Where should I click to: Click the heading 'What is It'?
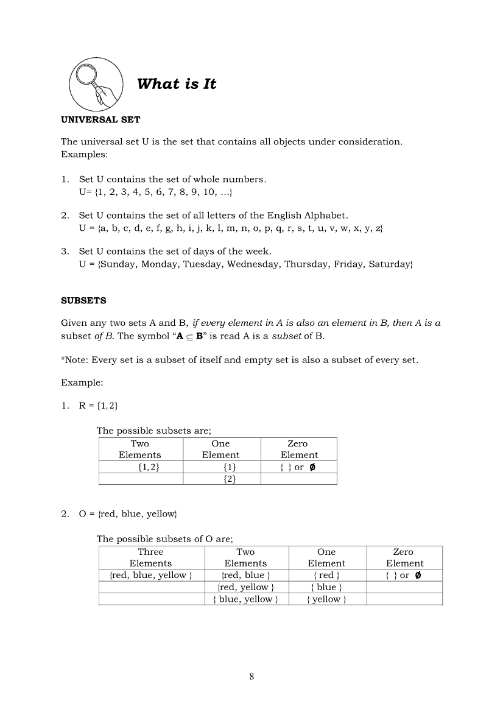coord(177,84)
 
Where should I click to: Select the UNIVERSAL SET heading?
coord(100,119)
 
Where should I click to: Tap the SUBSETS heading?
coord(83,300)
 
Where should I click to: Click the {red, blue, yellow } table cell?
coord(150,575)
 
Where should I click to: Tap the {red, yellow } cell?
coord(245,587)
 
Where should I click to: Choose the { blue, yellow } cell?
coord(245,599)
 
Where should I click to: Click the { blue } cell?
coord(326,587)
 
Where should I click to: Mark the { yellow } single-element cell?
coord(326,599)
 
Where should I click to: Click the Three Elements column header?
coord(150,557)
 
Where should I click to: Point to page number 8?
coord(251,676)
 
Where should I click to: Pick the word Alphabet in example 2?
coord(325,215)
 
